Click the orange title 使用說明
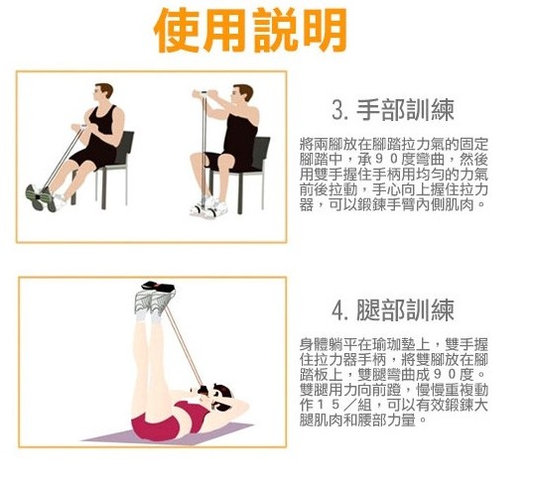250,31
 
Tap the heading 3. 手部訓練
393,110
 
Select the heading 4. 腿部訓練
393,309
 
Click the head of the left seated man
102,94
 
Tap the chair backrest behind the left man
124,147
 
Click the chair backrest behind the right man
260,152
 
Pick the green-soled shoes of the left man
41,197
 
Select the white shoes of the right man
208,207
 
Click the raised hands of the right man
204,94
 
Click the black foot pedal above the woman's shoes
158,287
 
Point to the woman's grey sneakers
155,301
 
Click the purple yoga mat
167,434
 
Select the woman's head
220,396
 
